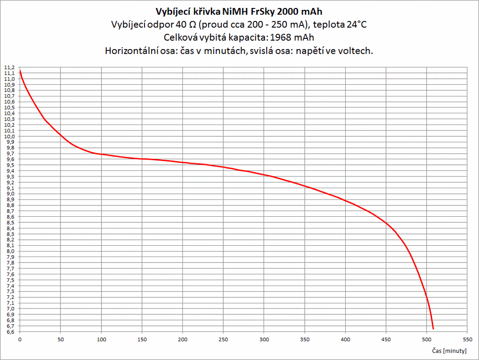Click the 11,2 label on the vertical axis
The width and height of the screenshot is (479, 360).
click(x=9, y=67)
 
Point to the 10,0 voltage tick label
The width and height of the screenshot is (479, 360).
click(x=9, y=136)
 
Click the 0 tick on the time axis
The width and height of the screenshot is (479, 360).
click(x=20, y=339)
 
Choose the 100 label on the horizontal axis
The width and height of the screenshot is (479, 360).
click(x=101, y=339)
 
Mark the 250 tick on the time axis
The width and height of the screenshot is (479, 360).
click(x=223, y=339)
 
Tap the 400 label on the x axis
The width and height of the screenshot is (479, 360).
click(x=345, y=339)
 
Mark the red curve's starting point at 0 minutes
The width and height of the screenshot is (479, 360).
click(x=20, y=70)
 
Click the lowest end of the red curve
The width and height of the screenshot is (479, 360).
click(x=433, y=329)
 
